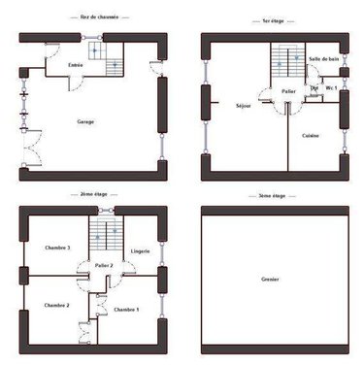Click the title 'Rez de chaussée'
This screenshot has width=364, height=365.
tap(92, 18)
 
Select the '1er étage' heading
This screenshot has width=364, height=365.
tap(273, 18)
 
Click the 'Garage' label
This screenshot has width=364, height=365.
tap(91, 122)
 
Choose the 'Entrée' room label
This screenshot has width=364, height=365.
tap(74, 65)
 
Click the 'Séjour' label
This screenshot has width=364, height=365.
tap(244, 105)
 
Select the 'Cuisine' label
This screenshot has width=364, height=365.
tap(312, 135)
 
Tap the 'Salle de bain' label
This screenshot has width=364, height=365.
tap(322, 60)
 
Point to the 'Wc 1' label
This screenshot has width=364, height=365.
tap(332, 88)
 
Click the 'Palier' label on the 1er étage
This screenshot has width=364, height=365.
tap(288, 91)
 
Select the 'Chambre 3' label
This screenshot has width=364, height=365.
tap(58, 249)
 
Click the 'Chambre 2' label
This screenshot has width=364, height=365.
tap(56, 305)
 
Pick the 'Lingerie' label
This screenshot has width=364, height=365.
tap(141, 251)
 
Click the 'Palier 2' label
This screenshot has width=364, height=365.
tap(105, 265)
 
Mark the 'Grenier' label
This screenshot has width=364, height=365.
tap(273, 280)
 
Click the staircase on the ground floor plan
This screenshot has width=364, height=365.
tap(105, 56)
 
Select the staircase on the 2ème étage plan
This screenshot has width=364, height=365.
tap(105, 234)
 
